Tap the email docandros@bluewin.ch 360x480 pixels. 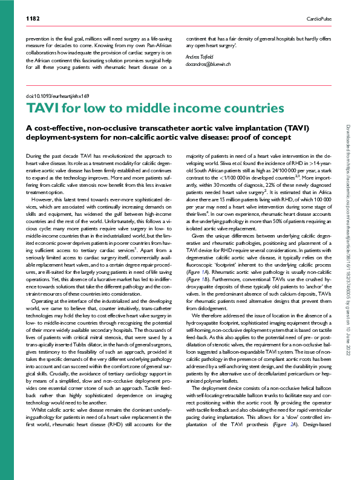tap(209, 63)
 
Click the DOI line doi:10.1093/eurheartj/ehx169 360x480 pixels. tap(58, 96)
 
